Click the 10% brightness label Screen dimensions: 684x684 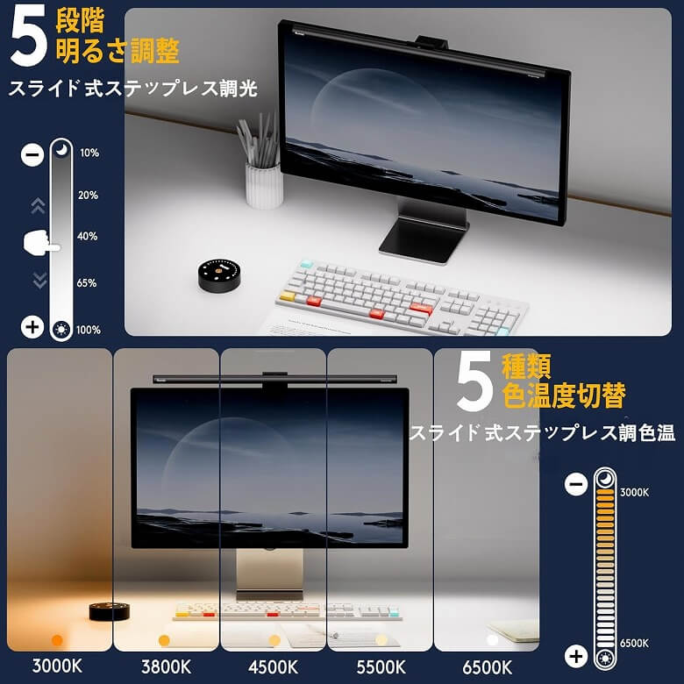pos(89,153)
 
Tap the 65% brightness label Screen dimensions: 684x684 pos(86,282)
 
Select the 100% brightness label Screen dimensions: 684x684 pos(89,330)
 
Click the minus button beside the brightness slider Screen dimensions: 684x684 pos(32,154)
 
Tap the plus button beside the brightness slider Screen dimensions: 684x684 pos(32,327)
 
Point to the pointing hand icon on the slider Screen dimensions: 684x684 pos(41,241)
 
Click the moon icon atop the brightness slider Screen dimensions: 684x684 pos(61,149)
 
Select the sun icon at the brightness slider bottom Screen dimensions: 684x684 pos(61,330)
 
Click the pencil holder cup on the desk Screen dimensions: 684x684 pos(263,184)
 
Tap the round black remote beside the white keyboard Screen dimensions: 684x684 pos(219,274)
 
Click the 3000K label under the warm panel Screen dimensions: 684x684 pos(57,666)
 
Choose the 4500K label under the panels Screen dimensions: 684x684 pos(273,667)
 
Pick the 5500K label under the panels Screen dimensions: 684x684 pos(381,667)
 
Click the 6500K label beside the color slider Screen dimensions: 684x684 pos(634,643)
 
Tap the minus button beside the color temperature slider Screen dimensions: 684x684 pos(576,484)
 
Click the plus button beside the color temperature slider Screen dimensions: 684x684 pos(576,656)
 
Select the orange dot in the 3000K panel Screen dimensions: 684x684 pos(57,640)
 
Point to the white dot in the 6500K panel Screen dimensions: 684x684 pos(493,640)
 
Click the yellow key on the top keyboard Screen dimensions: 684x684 pos(288,296)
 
